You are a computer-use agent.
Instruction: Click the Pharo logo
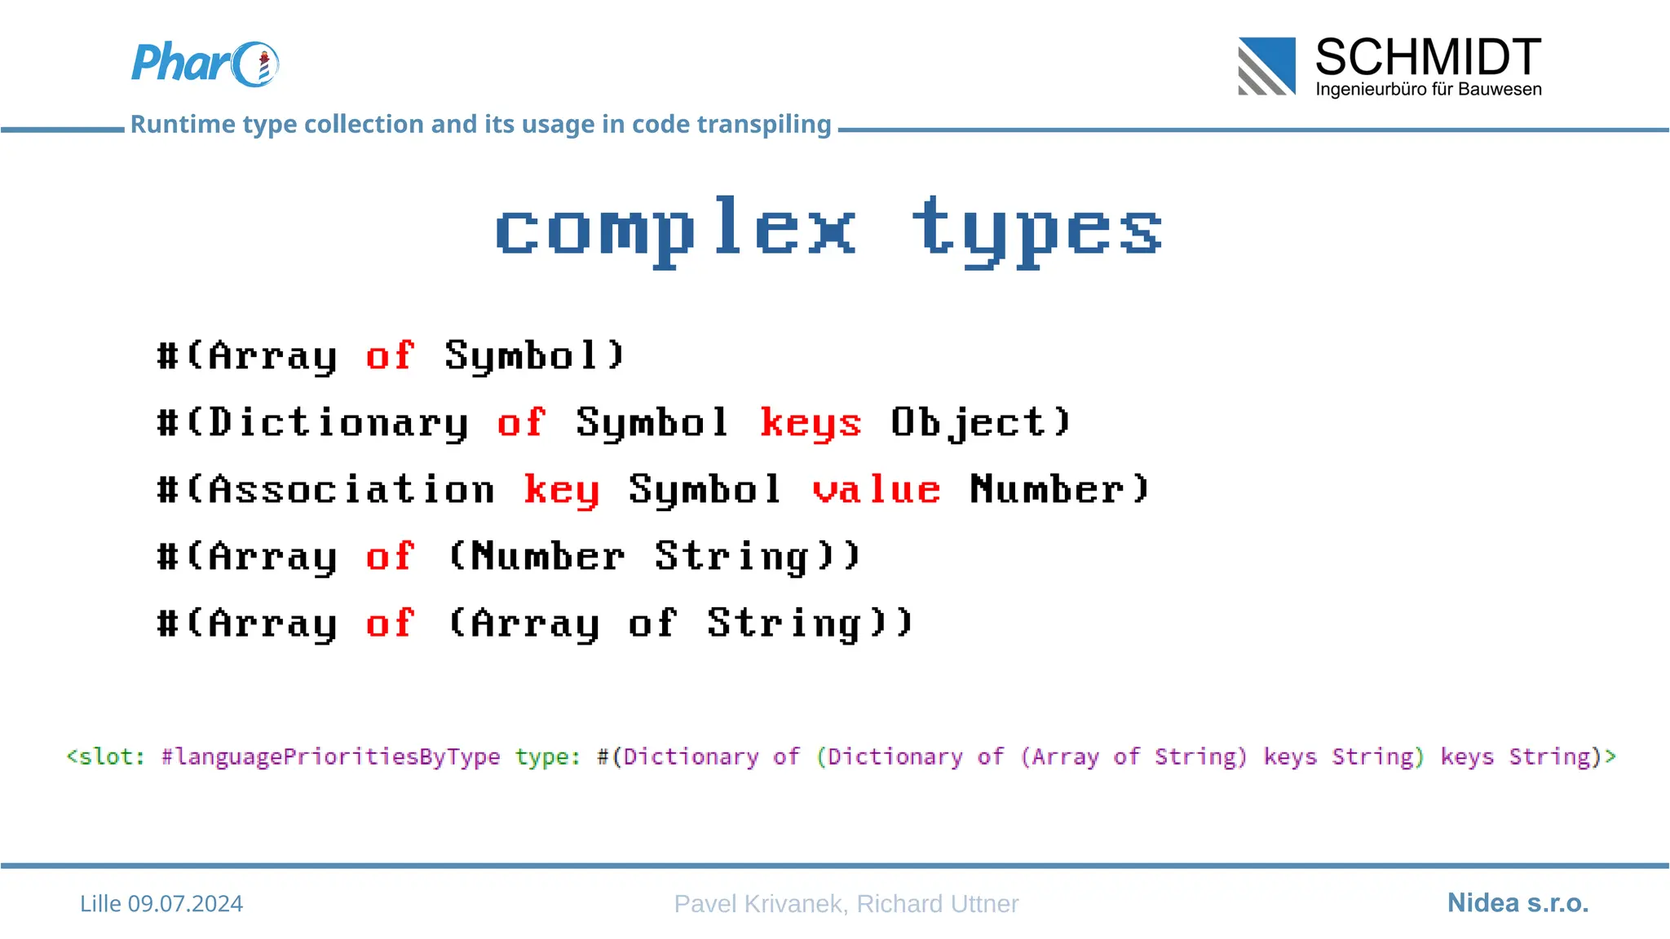pyautogui.click(x=205, y=64)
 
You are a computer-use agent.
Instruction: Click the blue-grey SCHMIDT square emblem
pyautogui.click(x=1266, y=66)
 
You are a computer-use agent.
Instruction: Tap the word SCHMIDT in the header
pyautogui.click(x=1428, y=57)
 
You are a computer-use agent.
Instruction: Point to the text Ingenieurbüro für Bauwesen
pyautogui.click(x=1428, y=89)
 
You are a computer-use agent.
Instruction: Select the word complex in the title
pyautogui.click(x=675, y=229)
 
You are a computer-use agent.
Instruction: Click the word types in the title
pyautogui.click(x=1036, y=229)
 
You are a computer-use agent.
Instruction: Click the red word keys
pyautogui.click(x=811, y=422)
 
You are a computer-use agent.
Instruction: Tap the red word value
pyautogui.click(x=876, y=489)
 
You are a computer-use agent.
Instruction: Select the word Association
pyautogui.click(x=351, y=489)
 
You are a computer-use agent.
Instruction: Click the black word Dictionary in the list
pyautogui.click(x=338, y=422)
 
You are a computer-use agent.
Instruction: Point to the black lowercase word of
pyautogui.click(x=652, y=623)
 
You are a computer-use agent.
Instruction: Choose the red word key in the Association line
pyautogui.click(x=561, y=489)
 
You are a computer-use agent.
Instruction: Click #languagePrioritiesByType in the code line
pyautogui.click(x=330, y=756)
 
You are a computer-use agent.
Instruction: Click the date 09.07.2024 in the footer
pyautogui.click(x=185, y=903)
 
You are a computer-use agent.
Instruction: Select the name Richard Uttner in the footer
pyautogui.click(x=937, y=903)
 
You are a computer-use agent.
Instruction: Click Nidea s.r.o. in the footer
pyautogui.click(x=1518, y=902)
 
